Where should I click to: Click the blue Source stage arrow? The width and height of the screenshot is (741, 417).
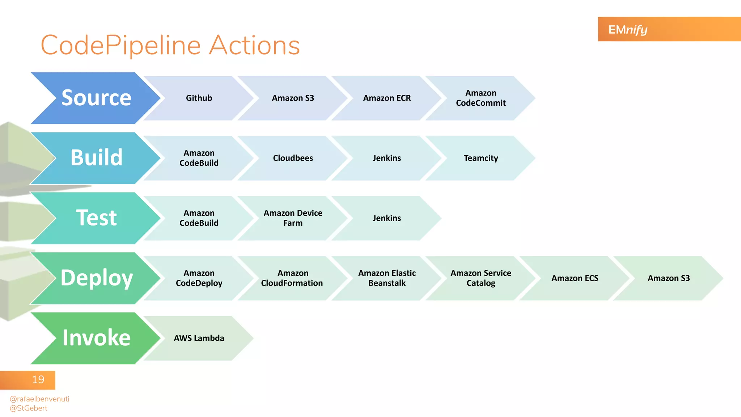(96, 98)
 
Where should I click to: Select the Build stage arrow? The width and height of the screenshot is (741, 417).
(96, 158)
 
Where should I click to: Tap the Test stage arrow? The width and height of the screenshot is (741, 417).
(96, 218)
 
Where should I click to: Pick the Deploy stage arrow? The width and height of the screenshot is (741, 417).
(96, 278)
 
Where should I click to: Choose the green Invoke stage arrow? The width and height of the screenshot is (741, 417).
(96, 338)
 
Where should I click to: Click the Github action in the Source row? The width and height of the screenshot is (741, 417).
(199, 98)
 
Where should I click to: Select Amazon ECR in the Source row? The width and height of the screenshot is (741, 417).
(387, 98)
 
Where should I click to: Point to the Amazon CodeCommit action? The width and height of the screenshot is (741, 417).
(480, 98)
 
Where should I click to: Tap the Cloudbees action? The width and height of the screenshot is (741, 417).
(293, 158)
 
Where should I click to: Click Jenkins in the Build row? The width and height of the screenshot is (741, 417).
(387, 158)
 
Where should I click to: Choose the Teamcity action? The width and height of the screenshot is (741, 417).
(480, 158)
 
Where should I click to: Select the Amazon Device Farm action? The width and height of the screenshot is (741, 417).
(293, 218)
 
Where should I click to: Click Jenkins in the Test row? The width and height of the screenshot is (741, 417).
(387, 218)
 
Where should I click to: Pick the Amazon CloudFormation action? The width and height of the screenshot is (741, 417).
(292, 278)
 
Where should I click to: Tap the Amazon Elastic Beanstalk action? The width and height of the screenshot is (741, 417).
(387, 278)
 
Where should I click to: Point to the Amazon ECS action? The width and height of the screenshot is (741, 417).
(575, 278)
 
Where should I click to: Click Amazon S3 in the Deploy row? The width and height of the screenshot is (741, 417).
(669, 278)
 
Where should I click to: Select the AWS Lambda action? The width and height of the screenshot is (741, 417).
(199, 338)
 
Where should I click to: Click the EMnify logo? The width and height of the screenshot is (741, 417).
(628, 29)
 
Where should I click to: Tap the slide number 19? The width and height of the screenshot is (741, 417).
(38, 380)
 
